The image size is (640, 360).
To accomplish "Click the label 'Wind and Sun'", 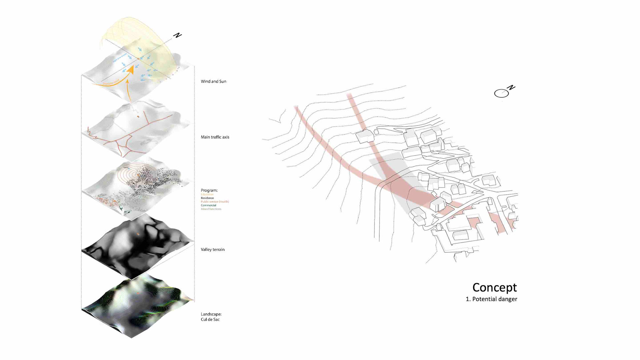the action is (x=213, y=81).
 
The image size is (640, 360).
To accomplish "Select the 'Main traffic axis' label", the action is (x=215, y=137).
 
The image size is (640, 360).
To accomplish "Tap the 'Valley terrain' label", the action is (x=212, y=249).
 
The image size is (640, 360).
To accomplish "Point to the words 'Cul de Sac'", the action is (x=210, y=319).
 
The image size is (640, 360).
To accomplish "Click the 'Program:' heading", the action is (x=209, y=190).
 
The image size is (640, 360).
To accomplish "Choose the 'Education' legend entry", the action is (x=207, y=194).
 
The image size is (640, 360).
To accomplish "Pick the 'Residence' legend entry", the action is (x=207, y=198).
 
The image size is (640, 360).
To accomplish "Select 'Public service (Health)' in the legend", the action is (x=215, y=202).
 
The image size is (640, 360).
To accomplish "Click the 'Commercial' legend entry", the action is (x=208, y=205).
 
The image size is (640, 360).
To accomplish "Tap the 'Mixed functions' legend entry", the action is (x=211, y=209).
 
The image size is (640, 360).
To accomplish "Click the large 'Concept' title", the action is (x=494, y=287).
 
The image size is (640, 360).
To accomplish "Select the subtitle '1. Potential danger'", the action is (x=491, y=299).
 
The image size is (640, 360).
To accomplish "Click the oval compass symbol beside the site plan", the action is (x=501, y=94).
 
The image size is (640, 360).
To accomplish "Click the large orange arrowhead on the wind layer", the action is (x=131, y=69).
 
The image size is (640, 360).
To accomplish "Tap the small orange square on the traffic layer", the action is (x=138, y=117).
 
